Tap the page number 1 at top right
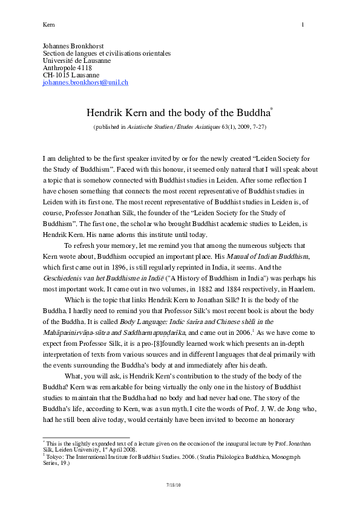point(303,25)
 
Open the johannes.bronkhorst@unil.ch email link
point(85,82)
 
